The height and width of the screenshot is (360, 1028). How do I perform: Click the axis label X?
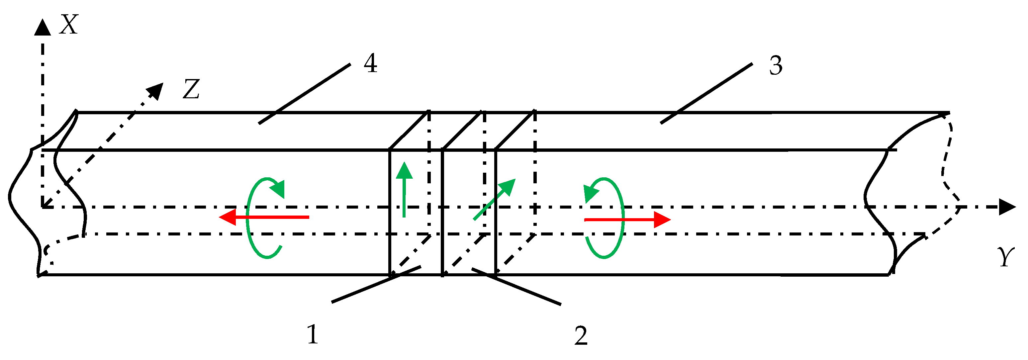(x=69, y=25)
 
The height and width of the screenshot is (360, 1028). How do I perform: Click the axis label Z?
(x=191, y=89)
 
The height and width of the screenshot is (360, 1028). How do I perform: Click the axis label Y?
(x=1006, y=257)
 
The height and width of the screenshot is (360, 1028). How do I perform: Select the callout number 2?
(x=581, y=336)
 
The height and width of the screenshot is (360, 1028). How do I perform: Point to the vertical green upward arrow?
(x=405, y=190)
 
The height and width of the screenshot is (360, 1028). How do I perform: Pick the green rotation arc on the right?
(x=620, y=218)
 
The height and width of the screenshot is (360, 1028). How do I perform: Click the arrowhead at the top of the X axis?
(x=42, y=28)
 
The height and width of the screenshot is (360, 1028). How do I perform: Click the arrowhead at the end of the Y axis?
(x=1006, y=207)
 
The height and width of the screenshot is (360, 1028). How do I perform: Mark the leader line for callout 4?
(x=305, y=94)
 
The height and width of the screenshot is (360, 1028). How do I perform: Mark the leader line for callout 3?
(x=706, y=93)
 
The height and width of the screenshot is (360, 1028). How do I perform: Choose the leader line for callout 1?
(x=376, y=284)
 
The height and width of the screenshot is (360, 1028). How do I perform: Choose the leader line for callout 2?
(x=516, y=287)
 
